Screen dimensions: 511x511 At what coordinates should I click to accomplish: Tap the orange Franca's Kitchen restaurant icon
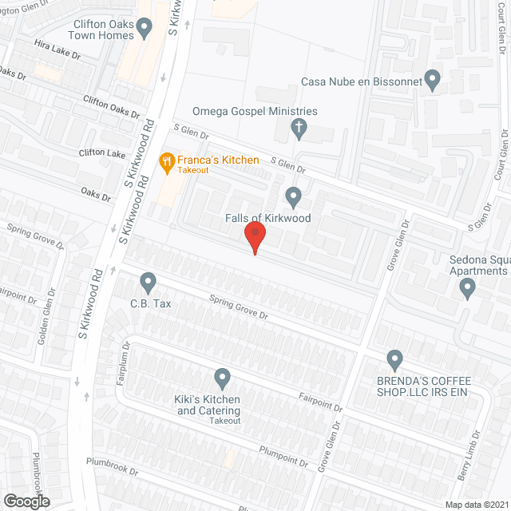click(167, 163)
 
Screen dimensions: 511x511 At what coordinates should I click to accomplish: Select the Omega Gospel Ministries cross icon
click(299, 127)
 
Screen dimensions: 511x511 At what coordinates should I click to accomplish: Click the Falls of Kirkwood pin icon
click(294, 196)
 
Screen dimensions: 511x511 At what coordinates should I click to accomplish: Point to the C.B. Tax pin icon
click(147, 281)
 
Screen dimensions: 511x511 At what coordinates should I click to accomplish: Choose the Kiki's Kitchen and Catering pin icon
click(223, 376)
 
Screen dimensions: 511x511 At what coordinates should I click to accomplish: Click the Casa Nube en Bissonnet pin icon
click(432, 80)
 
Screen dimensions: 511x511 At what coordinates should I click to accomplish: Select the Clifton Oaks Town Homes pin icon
click(145, 30)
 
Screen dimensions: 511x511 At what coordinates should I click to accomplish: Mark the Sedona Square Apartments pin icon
click(468, 290)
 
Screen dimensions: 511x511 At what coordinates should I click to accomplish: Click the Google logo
click(26, 501)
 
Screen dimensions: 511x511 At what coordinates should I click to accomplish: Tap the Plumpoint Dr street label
click(283, 457)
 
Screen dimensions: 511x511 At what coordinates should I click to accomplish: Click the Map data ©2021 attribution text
click(476, 504)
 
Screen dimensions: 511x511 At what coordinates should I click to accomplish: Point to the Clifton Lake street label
click(102, 153)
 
